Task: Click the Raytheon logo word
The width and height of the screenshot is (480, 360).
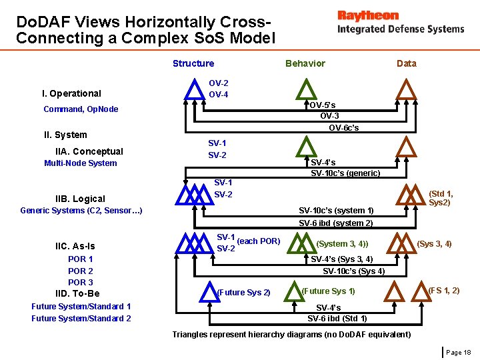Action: click(368, 15)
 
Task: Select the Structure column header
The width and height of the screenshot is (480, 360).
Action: click(193, 63)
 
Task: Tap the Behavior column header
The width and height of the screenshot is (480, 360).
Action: click(305, 63)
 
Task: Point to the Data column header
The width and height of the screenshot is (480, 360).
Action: click(406, 64)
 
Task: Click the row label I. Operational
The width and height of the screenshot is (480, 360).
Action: click(71, 93)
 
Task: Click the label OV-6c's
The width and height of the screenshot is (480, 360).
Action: click(344, 128)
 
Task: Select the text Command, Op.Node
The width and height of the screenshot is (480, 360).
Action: click(81, 109)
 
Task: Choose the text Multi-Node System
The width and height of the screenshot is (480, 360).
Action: click(81, 163)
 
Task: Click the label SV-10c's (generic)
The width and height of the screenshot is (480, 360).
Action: click(345, 173)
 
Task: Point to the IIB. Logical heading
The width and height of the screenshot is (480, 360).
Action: click(80, 199)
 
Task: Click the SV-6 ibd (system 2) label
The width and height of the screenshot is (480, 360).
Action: click(335, 223)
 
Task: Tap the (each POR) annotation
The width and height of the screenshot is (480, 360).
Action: click(259, 241)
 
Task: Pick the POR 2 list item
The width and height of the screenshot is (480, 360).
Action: click(81, 271)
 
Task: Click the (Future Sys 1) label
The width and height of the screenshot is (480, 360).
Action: click(328, 291)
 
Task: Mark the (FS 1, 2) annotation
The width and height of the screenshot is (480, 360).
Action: click(443, 290)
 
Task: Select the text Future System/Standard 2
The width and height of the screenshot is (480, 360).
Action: click(81, 319)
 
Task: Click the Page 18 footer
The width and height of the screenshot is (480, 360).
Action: click(459, 352)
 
